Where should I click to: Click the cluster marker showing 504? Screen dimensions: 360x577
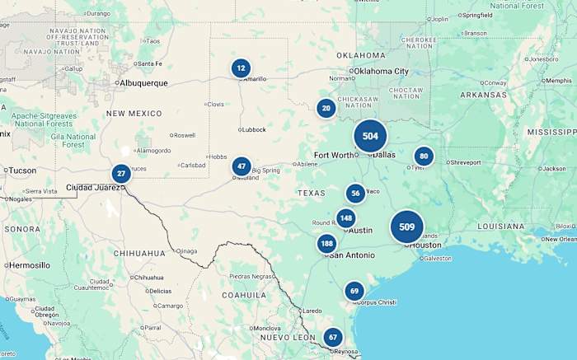(370, 136)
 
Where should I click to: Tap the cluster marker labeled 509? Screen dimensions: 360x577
(406, 227)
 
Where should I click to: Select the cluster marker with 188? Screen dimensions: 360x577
(327, 243)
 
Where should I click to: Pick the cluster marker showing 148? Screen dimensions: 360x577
(345, 218)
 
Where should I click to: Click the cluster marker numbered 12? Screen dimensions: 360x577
(241, 68)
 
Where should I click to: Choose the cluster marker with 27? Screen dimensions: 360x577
(121, 174)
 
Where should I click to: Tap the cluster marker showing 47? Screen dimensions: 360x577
(242, 166)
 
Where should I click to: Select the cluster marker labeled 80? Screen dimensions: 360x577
(424, 157)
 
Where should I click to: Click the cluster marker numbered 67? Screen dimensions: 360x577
(332, 337)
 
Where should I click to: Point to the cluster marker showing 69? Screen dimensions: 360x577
(354, 291)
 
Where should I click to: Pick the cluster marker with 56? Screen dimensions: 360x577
(355, 194)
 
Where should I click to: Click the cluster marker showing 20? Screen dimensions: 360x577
(326, 108)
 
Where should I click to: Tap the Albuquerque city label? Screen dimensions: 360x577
(143, 83)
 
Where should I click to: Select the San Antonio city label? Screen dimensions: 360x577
(353, 255)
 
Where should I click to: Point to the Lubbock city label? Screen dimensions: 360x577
(253, 129)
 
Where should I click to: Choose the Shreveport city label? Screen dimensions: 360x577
(465, 162)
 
